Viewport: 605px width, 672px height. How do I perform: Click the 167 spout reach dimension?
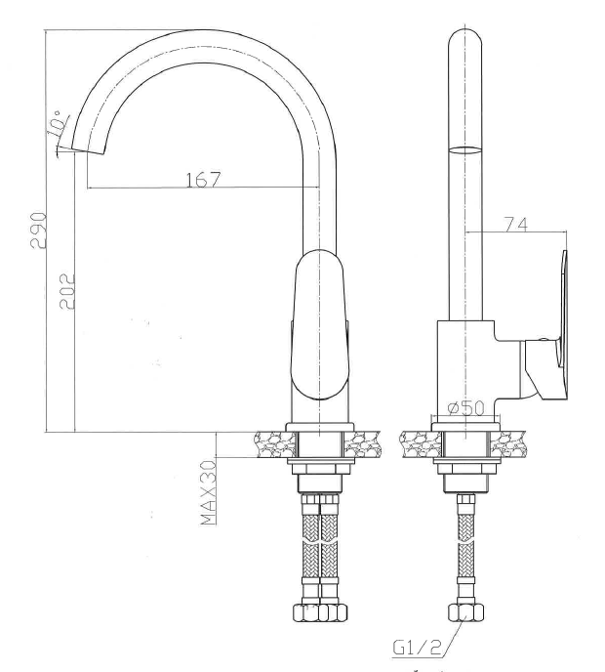pos(203,180)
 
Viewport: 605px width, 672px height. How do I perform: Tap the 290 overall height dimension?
pos(38,231)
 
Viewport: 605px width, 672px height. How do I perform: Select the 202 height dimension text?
pos(66,291)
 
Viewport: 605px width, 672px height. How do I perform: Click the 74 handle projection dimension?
pos(516,224)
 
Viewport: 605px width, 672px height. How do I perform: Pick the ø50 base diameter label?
pos(465,407)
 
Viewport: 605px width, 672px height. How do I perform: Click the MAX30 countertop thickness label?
pos(208,492)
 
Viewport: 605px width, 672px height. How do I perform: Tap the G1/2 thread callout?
pos(417,648)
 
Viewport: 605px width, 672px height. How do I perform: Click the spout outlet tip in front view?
pos(88,150)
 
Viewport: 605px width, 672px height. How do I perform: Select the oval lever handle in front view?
pos(319,324)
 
